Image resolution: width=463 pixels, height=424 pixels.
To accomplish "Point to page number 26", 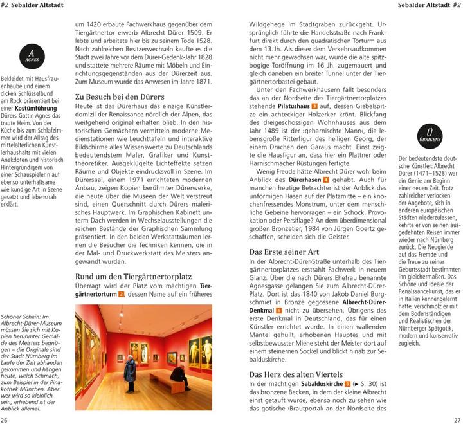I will pyautogui.click(x=6, y=419).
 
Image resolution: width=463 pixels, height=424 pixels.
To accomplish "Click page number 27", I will pyautogui.click(x=457, y=419).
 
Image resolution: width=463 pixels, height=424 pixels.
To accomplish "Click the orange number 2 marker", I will pyautogui.click(x=122, y=294).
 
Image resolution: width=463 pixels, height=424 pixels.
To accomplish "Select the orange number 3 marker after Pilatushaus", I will pyautogui.click(x=314, y=106).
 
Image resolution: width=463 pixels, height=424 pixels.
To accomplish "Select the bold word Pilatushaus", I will pyautogui.click(x=288, y=106).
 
